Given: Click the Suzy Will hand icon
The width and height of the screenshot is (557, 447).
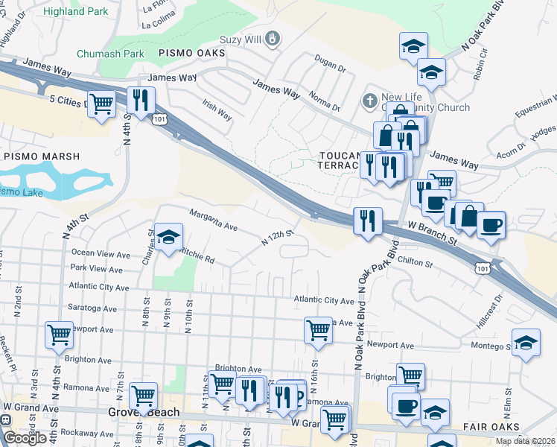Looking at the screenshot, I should (274, 37).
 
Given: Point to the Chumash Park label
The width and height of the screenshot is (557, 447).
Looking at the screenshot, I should (111, 54).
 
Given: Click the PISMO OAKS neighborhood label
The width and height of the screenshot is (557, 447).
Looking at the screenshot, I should (192, 54).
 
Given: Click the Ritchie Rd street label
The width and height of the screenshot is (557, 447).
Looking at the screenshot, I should (198, 259).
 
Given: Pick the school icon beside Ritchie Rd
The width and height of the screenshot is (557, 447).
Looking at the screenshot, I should (169, 237).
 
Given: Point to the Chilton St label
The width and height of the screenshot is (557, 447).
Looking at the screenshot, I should (416, 263).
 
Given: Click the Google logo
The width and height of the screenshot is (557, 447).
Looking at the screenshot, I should (25, 438).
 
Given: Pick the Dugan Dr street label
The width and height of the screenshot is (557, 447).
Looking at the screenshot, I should (331, 68).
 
